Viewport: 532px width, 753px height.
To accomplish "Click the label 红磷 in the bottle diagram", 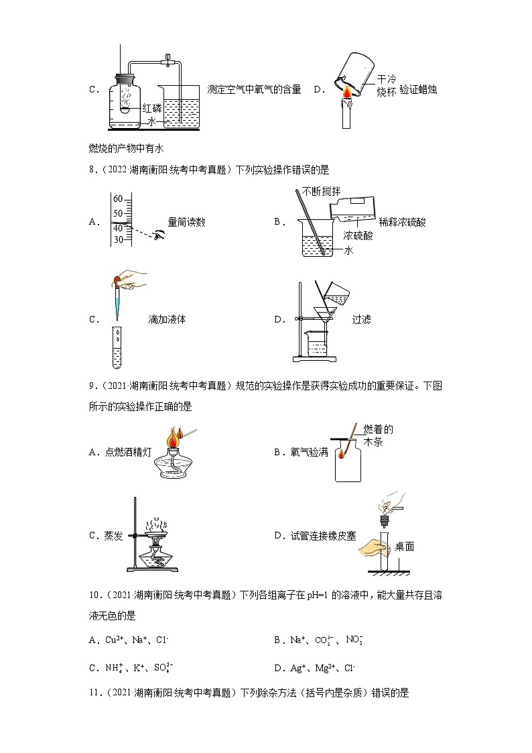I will [x=152, y=107].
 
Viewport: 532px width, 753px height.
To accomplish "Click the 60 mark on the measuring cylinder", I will [x=118, y=199].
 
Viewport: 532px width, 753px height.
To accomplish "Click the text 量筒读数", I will [x=186, y=223].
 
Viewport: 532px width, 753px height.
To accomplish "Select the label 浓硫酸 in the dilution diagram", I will [x=358, y=236].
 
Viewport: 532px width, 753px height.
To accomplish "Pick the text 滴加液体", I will [x=167, y=320].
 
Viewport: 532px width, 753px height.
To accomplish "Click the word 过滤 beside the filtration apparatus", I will [x=361, y=320].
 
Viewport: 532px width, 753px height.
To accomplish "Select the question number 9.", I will [x=92, y=386].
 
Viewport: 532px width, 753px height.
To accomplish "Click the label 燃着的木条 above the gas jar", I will [x=378, y=435].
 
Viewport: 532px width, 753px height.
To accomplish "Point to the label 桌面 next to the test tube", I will [x=405, y=546].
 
